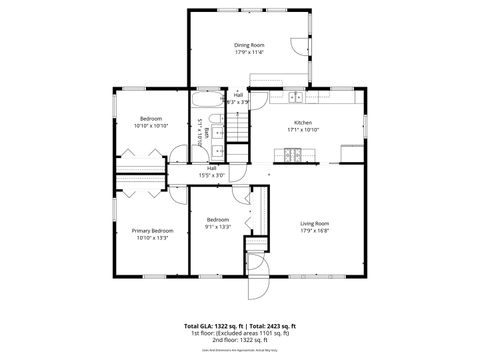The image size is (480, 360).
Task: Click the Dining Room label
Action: coord(249,44)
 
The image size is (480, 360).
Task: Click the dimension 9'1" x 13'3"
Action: coord(218,227)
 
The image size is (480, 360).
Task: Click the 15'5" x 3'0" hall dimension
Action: coord(212,175)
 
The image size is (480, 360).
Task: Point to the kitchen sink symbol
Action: coord(297,98)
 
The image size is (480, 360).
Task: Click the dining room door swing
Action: coord(298,46)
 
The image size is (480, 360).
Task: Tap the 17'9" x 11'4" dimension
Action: coord(249,52)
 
